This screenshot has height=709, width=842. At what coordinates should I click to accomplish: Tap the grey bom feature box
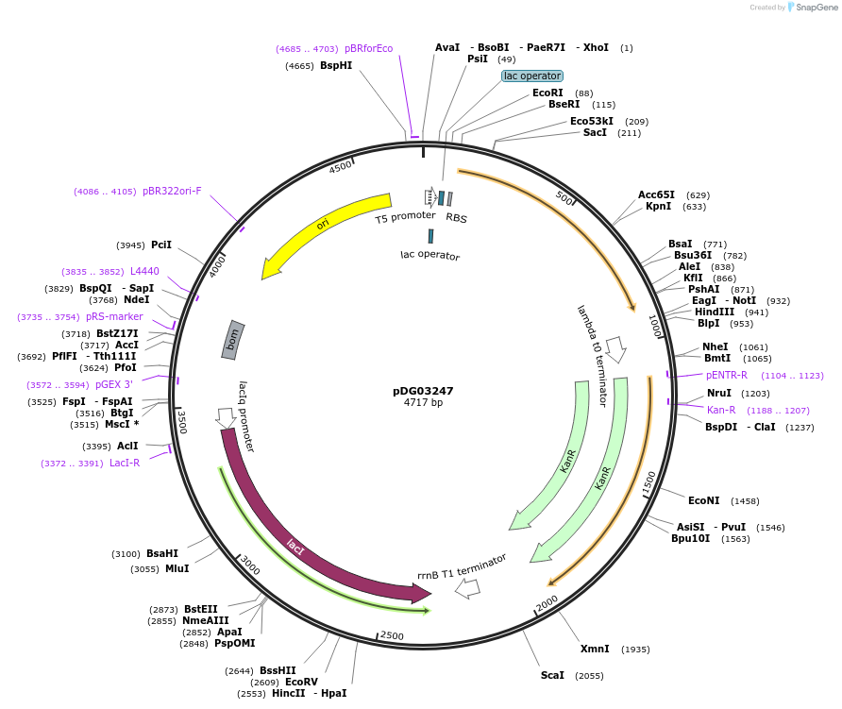232,340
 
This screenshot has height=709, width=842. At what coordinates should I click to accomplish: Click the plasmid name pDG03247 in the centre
423,391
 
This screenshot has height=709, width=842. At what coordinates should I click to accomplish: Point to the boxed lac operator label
532,76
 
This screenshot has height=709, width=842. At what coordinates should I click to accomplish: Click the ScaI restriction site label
552,675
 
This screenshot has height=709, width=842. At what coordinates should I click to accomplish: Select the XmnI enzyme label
595,649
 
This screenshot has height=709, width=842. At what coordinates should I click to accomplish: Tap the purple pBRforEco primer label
368,48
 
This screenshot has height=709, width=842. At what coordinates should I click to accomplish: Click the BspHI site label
336,66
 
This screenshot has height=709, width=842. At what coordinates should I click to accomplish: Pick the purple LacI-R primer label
125,463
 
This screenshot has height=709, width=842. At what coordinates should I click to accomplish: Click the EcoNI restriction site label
703,500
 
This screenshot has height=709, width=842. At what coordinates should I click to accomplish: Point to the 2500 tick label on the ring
392,635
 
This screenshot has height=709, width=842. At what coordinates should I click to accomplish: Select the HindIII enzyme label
715,312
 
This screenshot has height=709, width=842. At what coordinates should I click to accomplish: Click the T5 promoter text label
405,217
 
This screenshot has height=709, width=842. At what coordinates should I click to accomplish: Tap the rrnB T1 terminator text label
462,566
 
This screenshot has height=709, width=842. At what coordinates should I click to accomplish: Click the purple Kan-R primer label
721,410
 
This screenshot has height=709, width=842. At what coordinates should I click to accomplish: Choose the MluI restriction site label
177,568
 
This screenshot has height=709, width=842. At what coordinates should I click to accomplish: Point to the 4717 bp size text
423,403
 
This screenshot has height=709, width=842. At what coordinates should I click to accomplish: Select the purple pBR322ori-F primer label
172,191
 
